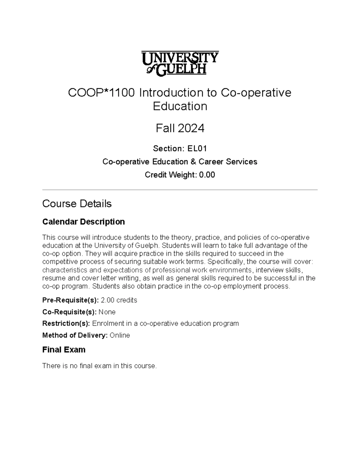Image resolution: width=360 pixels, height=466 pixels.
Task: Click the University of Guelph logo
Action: (x=180, y=63)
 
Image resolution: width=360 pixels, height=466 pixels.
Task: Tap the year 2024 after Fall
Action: (x=191, y=128)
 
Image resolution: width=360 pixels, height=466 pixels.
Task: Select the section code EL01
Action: (x=197, y=149)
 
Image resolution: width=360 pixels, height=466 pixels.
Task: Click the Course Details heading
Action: (x=77, y=204)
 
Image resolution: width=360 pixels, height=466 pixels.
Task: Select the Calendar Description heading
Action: (x=83, y=222)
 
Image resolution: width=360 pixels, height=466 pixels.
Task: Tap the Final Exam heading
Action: (x=64, y=350)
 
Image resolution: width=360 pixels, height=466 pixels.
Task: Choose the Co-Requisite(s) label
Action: (x=69, y=312)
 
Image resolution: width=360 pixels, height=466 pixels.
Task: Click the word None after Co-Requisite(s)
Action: (x=107, y=312)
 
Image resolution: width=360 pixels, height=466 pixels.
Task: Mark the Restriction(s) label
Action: (x=66, y=323)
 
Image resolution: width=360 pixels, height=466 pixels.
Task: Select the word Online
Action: (x=120, y=335)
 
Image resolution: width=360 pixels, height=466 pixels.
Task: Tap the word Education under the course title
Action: (x=180, y=106)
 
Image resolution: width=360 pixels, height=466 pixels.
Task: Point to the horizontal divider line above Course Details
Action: (x=180, y=190)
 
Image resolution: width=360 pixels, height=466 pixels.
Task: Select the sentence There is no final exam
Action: (x=99, y=366)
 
